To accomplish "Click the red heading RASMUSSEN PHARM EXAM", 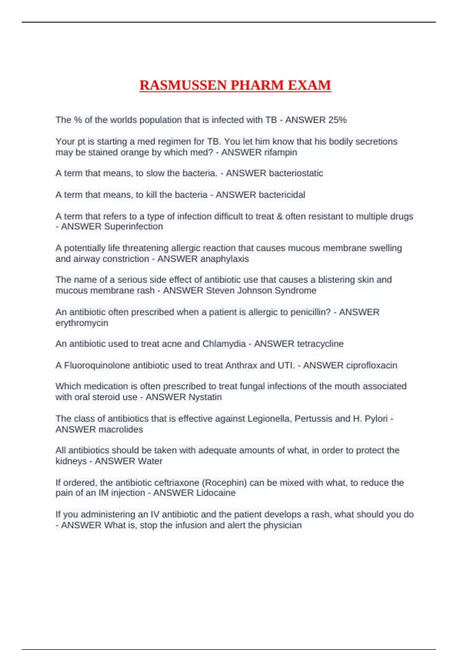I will click(235, 85).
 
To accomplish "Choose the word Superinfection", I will click(133, 226).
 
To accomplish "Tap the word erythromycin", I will click(82, 323).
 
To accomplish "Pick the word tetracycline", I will click(320, 344).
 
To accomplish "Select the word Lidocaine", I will click(215, 493).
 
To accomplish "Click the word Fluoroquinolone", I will click(97, 365).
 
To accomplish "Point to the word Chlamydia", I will click(224, 344).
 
